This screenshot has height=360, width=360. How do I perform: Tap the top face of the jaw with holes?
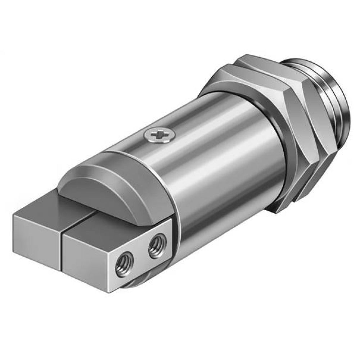(108, 225)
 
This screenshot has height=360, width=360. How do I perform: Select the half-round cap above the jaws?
(108, 187)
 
